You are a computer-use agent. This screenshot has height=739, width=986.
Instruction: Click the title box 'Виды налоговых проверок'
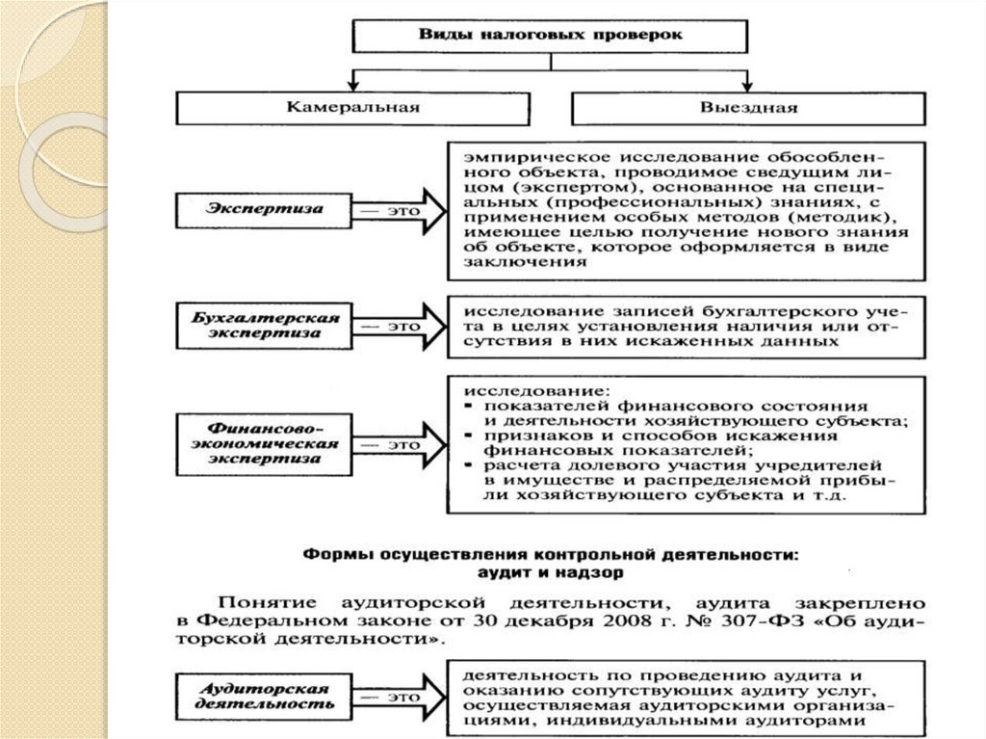[x=550, y=35]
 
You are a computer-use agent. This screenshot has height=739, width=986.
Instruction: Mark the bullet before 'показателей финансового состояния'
[x=464, y=408]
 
